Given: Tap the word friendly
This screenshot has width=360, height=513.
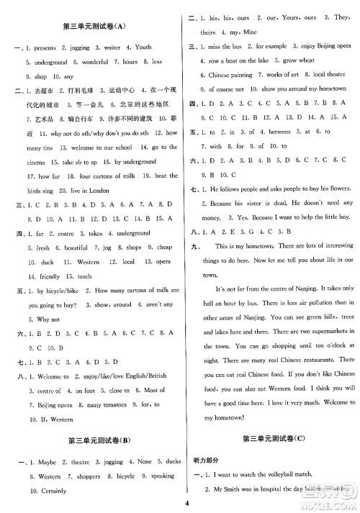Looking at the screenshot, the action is (x=42, y=276).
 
